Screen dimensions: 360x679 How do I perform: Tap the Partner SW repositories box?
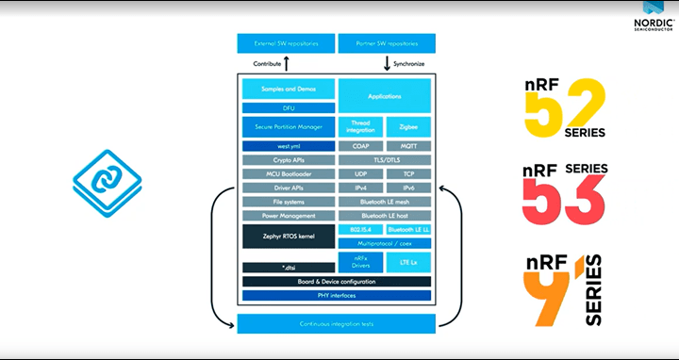[387, 43]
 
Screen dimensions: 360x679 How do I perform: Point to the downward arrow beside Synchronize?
[387, 64]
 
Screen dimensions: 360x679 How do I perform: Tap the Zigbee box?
[408, 126]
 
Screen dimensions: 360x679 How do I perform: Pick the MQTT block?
[408, 146]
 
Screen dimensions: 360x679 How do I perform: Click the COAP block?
[360, 146]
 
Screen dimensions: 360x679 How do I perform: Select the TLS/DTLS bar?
[385, 160]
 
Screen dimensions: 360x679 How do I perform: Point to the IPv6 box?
[408, 188]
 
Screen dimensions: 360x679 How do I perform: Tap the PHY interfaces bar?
[337, 296]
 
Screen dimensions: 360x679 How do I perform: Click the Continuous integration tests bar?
[337, 324]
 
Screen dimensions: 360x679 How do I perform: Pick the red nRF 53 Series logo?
[564, 198]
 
